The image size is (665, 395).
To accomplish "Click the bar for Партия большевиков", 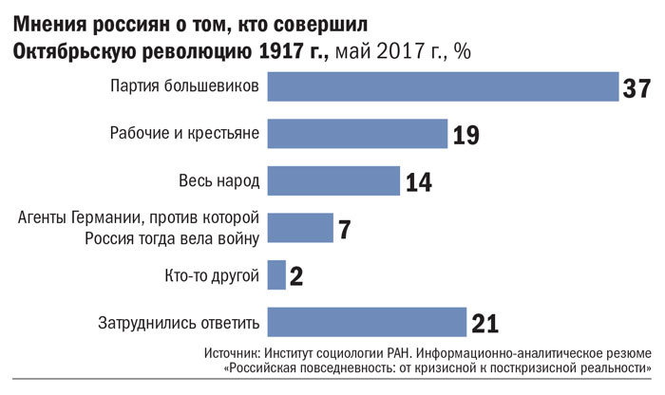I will tap(443, 87).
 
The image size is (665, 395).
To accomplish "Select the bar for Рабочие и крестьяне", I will tap(357, 134).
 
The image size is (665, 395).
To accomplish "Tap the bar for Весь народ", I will tap(333, 179).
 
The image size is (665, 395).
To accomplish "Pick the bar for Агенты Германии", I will tap(300, 228).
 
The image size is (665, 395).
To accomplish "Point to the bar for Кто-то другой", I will tap(276, 275).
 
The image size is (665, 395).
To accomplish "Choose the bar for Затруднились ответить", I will tap(367, 322).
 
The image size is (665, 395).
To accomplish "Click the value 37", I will tap(636, 88).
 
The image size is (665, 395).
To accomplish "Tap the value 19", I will tap(465, 136).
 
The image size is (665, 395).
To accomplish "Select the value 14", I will tap(418, 181).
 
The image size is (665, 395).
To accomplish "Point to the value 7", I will tap(345, 229).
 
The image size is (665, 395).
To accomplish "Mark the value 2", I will tap(295, 277).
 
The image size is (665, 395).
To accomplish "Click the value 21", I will tap(484, 324).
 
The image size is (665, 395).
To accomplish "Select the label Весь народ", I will tap(218, 179).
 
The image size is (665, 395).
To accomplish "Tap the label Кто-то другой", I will tap(212, 275).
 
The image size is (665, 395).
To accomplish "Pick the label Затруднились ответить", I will tap(180, 322).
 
